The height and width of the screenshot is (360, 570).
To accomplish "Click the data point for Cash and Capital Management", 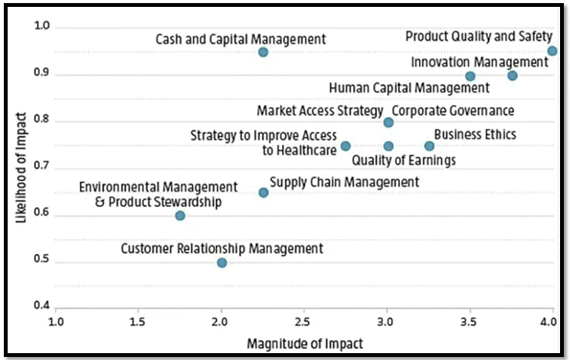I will [x=263, y=52].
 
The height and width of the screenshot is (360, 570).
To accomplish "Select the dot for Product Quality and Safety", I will [x=552, y=51].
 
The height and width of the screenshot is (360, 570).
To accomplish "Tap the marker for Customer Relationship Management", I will [x=221, y=263].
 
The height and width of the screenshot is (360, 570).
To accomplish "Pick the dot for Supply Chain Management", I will [x=263, y=192].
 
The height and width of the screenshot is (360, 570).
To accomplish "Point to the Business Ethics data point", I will [x=429, y=146].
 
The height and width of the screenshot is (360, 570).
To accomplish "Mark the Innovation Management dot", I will [x=512, y=75].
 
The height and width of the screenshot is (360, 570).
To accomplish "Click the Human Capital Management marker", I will [x=470, y=76].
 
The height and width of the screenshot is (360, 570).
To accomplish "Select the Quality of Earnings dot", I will [x=388, y=146].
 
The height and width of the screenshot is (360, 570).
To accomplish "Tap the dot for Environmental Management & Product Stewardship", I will [x=180, y=215].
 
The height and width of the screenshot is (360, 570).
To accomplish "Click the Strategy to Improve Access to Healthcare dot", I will [x=346, y=146].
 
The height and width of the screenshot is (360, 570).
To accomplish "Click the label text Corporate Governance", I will [x=453, y=111].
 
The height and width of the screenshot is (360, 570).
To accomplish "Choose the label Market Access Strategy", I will [x=319, y=111].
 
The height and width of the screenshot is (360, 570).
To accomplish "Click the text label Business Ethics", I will [x=475, y=135].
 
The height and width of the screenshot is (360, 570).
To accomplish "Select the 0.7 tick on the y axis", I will [x=41, y=168].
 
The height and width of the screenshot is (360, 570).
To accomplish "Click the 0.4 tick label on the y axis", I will [x=41, y=308].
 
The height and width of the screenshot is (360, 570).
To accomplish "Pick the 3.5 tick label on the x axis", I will [x=470, y=322].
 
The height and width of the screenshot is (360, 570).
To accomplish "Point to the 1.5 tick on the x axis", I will [x=138, y=322].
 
